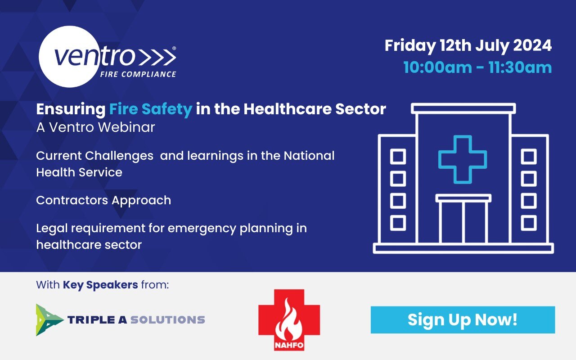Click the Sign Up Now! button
463,320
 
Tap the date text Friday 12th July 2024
468,46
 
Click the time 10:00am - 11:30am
477,67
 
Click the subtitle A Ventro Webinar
95,127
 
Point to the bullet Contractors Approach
103,200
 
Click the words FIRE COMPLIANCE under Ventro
138,74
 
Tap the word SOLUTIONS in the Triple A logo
167,320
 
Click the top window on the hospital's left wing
398,157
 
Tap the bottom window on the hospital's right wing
529,223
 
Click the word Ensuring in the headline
70,109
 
